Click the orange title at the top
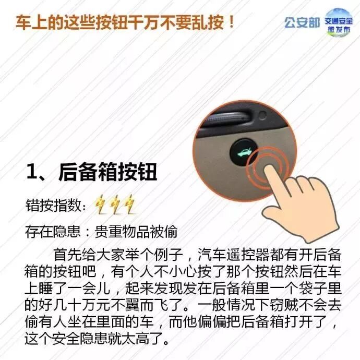[x=125, y=23]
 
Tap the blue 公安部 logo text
[x=302, y=23]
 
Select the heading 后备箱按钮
[x=108, y=172]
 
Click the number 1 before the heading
[x=32, y=171]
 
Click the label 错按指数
[x=54, y=205]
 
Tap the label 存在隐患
[x=53, y=232]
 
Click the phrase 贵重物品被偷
[x=136, y=232]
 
